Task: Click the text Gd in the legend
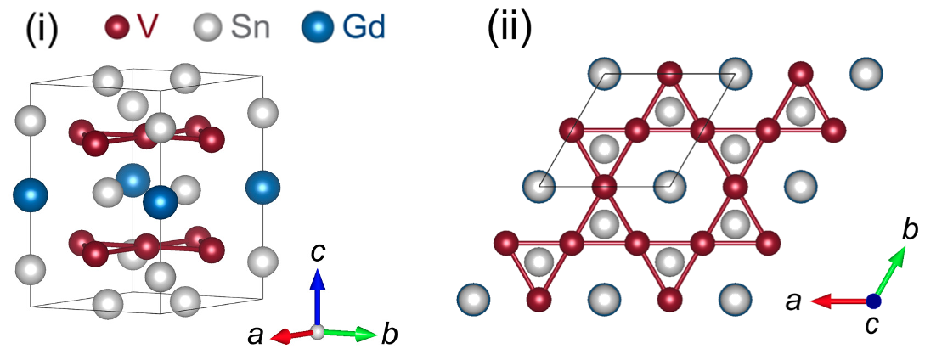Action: (364, 28)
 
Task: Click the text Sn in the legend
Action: (251, 28)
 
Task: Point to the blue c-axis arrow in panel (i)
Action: (317, 297)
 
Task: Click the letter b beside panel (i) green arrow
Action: (390, 335)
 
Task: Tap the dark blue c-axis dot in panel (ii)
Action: (874, 301)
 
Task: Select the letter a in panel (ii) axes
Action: (793, 301)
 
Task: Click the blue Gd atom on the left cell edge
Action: (31, 194)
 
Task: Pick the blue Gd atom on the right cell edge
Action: (262, 187)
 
